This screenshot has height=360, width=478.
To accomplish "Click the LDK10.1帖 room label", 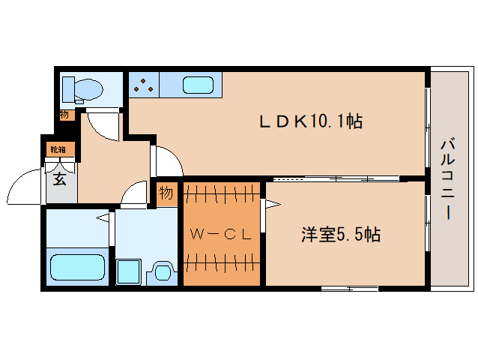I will (x=311, y=121).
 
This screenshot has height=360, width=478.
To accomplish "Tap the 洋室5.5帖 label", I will (x=341, y=235).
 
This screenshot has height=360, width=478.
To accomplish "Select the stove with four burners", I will (x=142, y=85).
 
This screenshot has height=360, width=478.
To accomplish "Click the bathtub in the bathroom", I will (x=77, y=266).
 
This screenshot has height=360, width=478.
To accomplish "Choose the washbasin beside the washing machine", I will (x=161, y=271).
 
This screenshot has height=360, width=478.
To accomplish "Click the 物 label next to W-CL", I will (x=166, y=193).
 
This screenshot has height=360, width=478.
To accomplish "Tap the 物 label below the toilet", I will (x=64, y=115).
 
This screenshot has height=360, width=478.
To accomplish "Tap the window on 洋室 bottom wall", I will (x=348, y=288).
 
